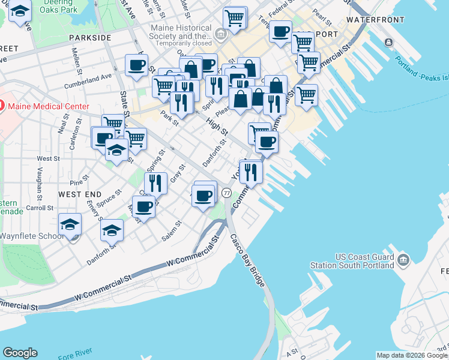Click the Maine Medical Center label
(x=48, y=107)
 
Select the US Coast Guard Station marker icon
(x=403, y=260)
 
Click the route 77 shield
(x=226, y=193)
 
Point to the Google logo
(x=20, y=352)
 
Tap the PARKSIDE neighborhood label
(x=90, y=37)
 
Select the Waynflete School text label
(x=31, y=236)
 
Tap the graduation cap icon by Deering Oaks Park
(x=20, y=11)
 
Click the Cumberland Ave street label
(x=89, y=77)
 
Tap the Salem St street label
(x=171, y=232)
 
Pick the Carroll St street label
(x=40, y=208)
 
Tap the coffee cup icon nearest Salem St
(x=143, y=206)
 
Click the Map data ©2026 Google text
(x=412, y=355)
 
